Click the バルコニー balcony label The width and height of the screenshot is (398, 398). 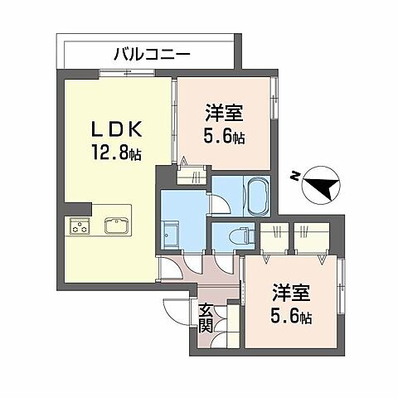[152, 55]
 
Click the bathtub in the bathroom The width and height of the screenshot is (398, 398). [256, 197]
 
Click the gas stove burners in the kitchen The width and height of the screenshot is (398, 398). [80, 226]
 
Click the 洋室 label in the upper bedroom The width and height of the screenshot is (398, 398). [224, 113]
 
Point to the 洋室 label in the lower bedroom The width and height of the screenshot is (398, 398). [293, 294]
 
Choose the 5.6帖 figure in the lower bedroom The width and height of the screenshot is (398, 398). [293, 317]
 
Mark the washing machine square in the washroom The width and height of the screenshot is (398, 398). [172, 236]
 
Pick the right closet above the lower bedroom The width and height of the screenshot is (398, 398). [311, 237]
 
